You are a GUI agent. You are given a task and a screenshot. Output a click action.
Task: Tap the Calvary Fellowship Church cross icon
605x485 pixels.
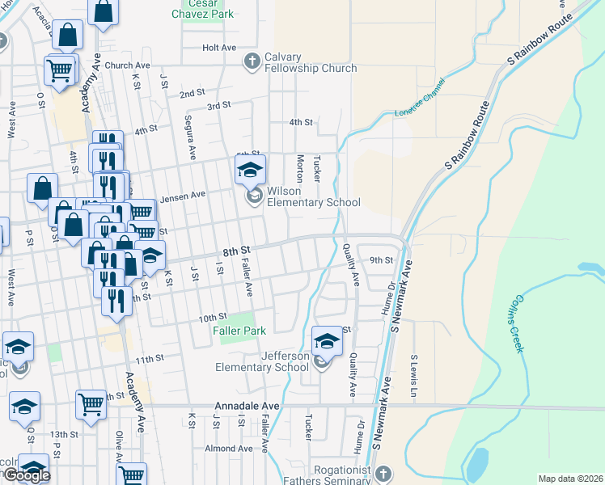[x=252, y=61]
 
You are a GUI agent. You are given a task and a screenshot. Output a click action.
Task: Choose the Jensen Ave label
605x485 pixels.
[x=183, y=195]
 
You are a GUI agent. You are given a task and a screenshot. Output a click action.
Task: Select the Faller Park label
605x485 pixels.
[x=239, y=331]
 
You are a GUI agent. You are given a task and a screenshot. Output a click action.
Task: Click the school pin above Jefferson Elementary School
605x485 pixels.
[x=326, y=342]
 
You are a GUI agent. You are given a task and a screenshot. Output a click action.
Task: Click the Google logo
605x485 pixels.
[x=26, y=475]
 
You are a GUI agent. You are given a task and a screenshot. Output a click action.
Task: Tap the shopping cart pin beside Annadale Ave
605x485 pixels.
[x=91, y=405]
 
